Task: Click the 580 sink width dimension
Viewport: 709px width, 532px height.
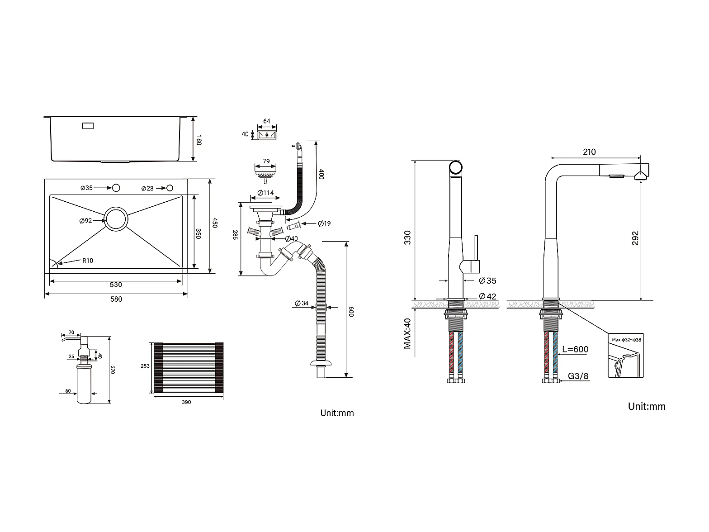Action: point(116,299)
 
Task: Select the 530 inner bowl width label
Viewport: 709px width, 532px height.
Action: point(116,285)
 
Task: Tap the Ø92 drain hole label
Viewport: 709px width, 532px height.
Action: point(85,221)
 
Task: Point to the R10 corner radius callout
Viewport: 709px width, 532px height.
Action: point(88,261)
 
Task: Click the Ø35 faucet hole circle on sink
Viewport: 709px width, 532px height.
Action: point(116,188)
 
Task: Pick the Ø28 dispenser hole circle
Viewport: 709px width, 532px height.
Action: point(170,188)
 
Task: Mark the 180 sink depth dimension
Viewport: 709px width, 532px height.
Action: point(199,140)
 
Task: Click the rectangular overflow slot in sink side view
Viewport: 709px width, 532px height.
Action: point(88,126)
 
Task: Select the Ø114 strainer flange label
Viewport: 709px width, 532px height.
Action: point(265,193)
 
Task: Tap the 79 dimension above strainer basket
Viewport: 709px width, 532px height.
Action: point(266,161)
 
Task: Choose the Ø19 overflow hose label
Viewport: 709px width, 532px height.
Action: point(324,223)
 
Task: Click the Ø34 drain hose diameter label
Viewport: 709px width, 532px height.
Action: point(302,303)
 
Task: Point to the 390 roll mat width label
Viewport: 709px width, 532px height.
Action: point(186,402)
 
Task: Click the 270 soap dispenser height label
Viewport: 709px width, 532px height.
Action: point(113,370)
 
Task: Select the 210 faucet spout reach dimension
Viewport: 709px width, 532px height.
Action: point(589,152)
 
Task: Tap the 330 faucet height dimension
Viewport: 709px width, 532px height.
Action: point(408,237)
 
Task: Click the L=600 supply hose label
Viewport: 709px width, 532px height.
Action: point(575,349)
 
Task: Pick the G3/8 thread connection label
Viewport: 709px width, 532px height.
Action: point(578,376)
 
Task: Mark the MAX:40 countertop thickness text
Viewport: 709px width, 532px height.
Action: point(407,334)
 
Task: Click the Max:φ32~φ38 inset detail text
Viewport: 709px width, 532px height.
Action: point(626,340)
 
